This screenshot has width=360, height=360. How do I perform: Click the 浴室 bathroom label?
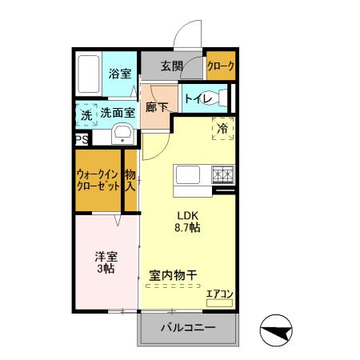coord(119,73)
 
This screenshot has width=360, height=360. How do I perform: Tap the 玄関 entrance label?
coord(171,66)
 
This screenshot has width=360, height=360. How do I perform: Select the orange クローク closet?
coord(220,67)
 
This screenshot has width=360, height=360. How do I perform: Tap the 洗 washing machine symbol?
coord(86,114)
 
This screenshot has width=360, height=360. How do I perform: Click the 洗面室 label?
coord(118,114)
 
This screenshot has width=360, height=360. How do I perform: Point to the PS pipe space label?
coord(82,139)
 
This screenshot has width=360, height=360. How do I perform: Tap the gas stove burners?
coord(222,174)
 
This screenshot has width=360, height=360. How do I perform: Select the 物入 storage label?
coord(130,180)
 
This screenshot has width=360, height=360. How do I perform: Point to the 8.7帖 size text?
coord(189,228)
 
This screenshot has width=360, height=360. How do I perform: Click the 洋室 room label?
coord(107,262)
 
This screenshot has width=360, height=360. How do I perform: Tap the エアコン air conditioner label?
coord(219,294)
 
